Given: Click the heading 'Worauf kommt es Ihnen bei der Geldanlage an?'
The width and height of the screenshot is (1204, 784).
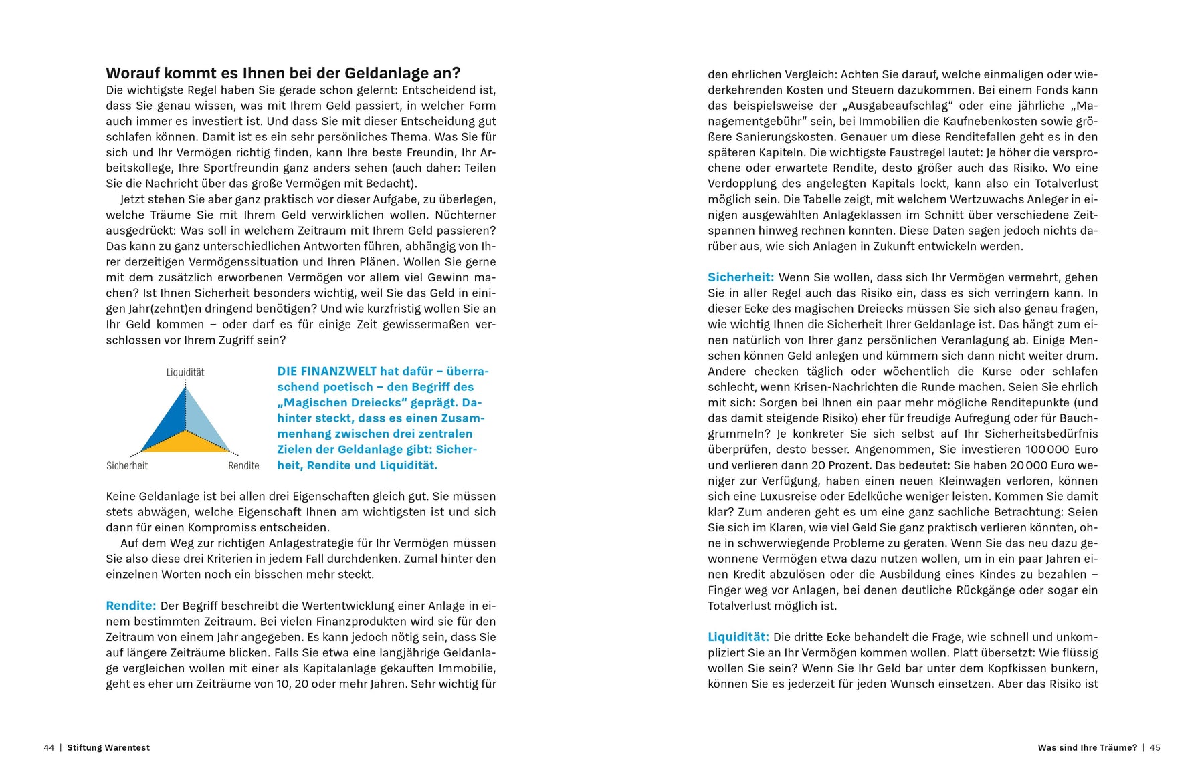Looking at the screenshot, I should (x=283, y=73).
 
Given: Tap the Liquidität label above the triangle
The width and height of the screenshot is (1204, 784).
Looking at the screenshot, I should (x=185, y=372).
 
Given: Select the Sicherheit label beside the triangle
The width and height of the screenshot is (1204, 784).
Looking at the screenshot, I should (x=127, y=465).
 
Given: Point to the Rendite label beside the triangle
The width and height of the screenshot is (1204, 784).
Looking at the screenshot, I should (x=243, y=465).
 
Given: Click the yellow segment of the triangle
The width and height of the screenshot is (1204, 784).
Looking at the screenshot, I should (x=185, y=442).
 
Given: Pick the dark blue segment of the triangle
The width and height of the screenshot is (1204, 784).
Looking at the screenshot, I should (x=167, y=421).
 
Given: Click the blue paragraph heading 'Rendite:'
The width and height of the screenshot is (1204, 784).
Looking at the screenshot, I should (x=131, y=606).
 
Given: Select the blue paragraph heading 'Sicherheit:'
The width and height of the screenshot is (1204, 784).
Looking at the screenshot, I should (x=740, y=277).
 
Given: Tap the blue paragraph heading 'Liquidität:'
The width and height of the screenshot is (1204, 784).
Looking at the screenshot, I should (x=738, y=637).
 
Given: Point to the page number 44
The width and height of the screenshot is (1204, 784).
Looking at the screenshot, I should (x=49, y=747).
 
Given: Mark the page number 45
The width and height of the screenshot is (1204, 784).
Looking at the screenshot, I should (x=1155, y=747).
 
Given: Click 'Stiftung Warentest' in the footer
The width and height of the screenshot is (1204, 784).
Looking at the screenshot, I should (x=108, y=747).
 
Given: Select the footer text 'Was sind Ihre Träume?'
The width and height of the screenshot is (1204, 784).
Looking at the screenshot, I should (x=1087, y=747).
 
